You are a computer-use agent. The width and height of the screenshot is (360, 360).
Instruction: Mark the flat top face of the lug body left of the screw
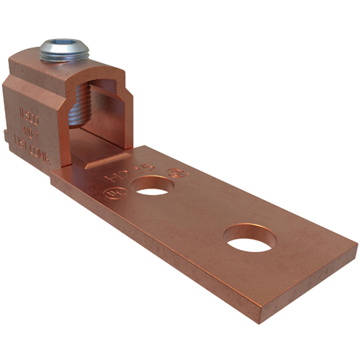[x=29, y=61]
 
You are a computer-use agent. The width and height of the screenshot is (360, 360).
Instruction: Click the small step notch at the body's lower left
[x=7, y=135]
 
